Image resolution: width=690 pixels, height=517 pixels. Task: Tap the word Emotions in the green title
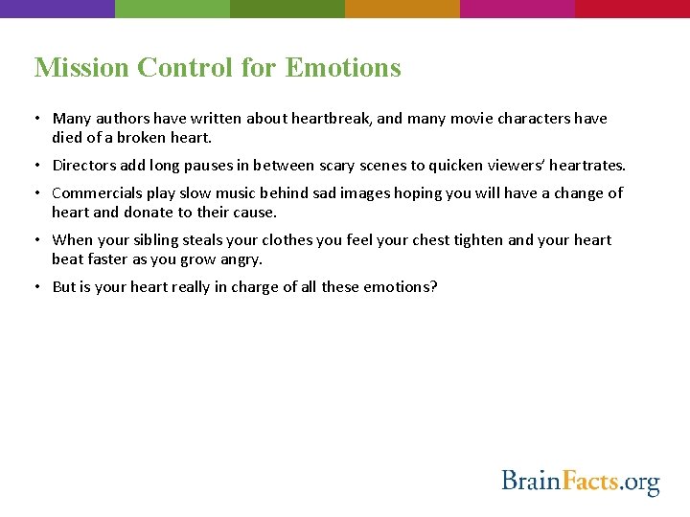point(343,68)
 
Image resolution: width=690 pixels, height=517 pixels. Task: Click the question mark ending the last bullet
point(433,286)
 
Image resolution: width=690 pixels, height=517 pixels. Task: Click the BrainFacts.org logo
point(581,480)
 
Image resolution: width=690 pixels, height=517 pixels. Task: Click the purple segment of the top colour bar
point(57,9)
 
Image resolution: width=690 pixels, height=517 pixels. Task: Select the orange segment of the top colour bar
point(402,9)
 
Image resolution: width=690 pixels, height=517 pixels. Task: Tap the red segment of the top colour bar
point(632,9)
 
